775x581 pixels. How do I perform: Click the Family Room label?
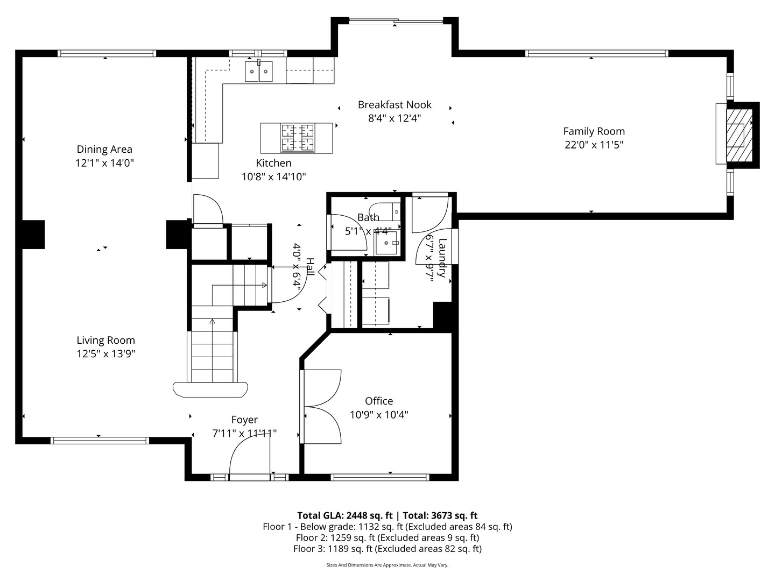click(x=594, y=131)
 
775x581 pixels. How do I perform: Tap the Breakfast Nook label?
click(x=394, y=104)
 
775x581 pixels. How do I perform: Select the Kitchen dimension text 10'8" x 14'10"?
click(x=273, y=176)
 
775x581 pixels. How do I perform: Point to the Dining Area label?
click(x=104, y=150)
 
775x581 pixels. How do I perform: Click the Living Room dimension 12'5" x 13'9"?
click(x=106, y=353)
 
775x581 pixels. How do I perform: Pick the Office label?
click(x=379, y=401)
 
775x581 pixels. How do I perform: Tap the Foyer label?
click(x=244, y=420)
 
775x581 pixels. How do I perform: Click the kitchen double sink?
click(x=259, y=71)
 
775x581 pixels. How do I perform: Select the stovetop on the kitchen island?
click(x=297, y=138)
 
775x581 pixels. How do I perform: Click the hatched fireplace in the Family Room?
click(x=739, y=135)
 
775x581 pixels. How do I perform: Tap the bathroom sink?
click(x=386, y=243)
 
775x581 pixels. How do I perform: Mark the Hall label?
click(x=309, y=267)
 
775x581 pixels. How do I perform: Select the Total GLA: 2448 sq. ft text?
click(x=344, y=515)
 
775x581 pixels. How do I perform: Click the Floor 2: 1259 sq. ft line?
click(x=387, y=537)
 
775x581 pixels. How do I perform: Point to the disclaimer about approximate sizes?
click(x=387, y=565)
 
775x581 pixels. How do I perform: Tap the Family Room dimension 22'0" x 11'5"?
click(x=594, y=145)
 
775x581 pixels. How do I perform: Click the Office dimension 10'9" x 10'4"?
click(x=379, y=414)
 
